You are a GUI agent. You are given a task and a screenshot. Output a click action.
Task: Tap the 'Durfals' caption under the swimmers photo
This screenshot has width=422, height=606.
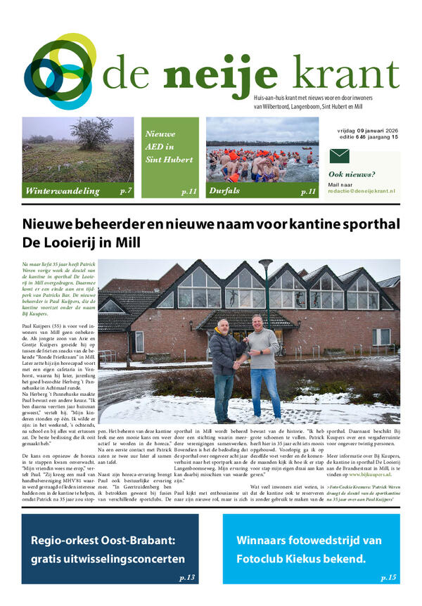226,191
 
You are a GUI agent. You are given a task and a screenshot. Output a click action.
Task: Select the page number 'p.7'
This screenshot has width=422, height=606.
126,191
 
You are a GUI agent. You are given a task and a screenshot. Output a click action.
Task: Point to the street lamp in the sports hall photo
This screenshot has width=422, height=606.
267,295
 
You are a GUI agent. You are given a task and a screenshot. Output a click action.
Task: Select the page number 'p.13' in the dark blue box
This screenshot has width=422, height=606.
187,577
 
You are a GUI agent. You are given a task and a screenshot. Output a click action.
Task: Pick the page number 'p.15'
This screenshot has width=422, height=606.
388,577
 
